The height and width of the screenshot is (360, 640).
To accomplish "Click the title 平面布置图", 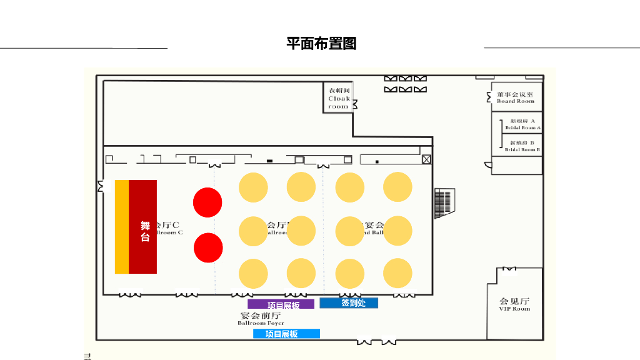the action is coord(321,44).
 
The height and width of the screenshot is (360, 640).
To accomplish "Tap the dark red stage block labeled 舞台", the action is coord(143,227).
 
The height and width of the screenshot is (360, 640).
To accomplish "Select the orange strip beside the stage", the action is coord(122,227).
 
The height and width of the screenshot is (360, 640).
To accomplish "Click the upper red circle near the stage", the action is coord(207,202).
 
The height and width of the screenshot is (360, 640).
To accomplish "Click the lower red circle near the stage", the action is coord(208,247).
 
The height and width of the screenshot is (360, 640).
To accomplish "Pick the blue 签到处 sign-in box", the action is coord(349,303).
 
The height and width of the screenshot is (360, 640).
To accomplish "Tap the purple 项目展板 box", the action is coord(281,304).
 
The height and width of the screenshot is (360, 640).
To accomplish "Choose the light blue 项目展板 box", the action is coord(286,334).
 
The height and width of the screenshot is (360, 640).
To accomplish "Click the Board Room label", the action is coord(516,97).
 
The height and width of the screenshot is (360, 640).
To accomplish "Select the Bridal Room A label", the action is coord(522,124).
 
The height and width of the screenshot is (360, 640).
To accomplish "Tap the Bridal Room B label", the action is coord(522,146).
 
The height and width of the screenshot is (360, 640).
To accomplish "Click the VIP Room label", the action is coord(514,304).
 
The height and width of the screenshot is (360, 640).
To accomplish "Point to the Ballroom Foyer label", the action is coord(261,319).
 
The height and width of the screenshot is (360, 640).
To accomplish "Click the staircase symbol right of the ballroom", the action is coord(443,202).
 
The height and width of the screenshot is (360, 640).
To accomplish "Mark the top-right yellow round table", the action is coord(397,187).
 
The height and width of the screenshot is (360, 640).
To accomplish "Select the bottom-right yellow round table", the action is coord(397,273).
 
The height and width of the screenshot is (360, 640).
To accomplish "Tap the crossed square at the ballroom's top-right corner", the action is coord(426,159).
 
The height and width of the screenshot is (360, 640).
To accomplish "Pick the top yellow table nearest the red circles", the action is coord(253,187).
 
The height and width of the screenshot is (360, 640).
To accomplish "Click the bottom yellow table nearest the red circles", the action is coord(253,274).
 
